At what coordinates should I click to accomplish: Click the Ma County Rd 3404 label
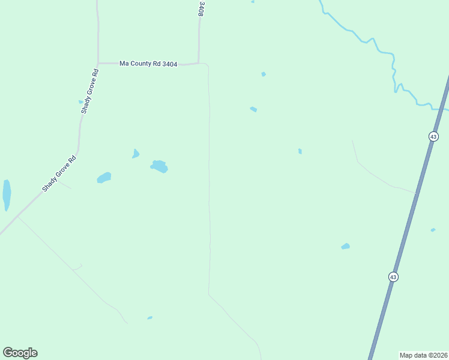click(x=148, y=64)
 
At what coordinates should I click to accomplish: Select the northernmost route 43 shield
click(x=433, y=137)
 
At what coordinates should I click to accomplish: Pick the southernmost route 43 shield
click(x=393, y=277)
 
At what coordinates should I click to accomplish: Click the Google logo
click(x=20, y=353)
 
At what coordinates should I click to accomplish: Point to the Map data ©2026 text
click(x=424, y=355)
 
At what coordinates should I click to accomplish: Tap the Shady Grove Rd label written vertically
click(x=89, y=91)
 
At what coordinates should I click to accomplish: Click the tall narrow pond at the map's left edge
click(x=7, y=195)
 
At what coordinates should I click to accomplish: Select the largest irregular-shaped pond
click(x=159, y=166)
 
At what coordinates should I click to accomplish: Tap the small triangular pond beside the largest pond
click(x=136, y=154)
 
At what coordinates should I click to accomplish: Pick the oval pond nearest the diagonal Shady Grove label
click(x=104, y=178)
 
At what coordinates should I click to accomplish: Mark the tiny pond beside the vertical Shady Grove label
click(x=80, y=102)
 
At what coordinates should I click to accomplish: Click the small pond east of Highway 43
click(x=433, y=230)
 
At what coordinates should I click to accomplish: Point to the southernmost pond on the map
click(x=149, y=317)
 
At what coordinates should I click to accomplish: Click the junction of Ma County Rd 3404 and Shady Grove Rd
click(x=98, y=63)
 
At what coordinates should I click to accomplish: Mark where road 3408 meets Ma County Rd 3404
click(x=199, y=63)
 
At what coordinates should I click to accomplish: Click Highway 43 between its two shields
click(x=413, y=207)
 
